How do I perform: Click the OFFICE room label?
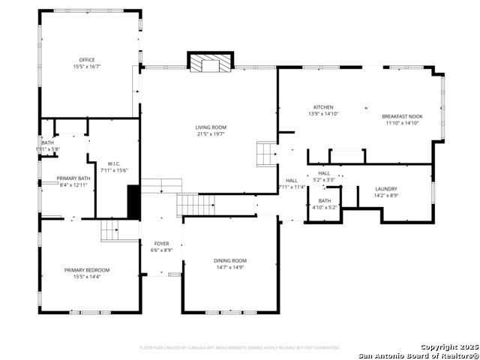(87, 60)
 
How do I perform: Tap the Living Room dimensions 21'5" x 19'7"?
(211, 136)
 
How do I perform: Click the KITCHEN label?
(323, 107)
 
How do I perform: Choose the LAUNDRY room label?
(386, 189)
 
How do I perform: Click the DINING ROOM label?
(229, 260)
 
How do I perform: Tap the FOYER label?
(161, 244)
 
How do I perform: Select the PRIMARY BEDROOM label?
(87, 270)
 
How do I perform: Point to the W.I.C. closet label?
(114, 163)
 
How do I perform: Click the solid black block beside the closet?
(134, 202)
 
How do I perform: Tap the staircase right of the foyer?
(196, 203)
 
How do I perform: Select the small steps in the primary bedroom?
(111, 231)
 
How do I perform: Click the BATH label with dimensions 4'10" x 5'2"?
(325, 200)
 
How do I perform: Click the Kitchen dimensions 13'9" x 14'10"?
(323, 114)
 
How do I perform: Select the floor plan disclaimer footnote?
(240, 348)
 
